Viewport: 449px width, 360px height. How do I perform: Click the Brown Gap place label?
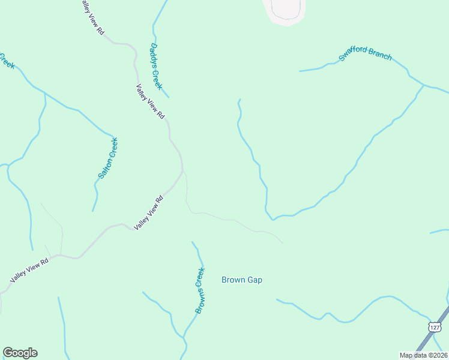242,280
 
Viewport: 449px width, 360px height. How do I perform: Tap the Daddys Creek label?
156,65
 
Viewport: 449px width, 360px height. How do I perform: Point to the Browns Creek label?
200,290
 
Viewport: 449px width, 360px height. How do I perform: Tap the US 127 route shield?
435,326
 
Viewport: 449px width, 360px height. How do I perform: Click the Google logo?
20,353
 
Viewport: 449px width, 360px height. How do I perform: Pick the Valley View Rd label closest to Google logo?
29,271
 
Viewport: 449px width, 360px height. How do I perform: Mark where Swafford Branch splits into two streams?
424,85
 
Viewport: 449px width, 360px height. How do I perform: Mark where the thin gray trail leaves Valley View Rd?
183,172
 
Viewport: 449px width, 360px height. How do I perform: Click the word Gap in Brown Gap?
254,280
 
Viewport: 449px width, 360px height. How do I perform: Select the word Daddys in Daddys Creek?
154,55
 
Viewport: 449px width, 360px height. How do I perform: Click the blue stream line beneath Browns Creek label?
191,322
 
